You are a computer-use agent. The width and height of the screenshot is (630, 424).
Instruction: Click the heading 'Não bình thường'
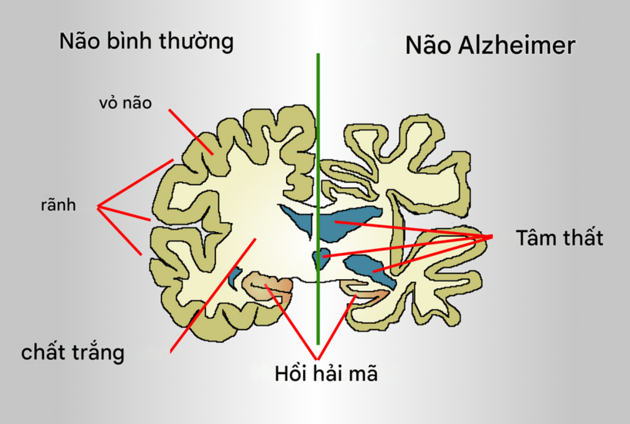click(147, 41)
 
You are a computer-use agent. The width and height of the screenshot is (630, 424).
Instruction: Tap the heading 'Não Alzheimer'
click(490, 45)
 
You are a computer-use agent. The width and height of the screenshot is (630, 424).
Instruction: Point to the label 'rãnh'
click(58, 205)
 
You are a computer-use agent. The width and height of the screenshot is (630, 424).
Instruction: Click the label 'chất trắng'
click(72, 353)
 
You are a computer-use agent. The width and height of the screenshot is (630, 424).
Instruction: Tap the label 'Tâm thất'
click(559, 238)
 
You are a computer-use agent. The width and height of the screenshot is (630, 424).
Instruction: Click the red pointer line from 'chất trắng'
click(208, 297)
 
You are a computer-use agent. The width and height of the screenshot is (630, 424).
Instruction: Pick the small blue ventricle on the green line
click(319, 258)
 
